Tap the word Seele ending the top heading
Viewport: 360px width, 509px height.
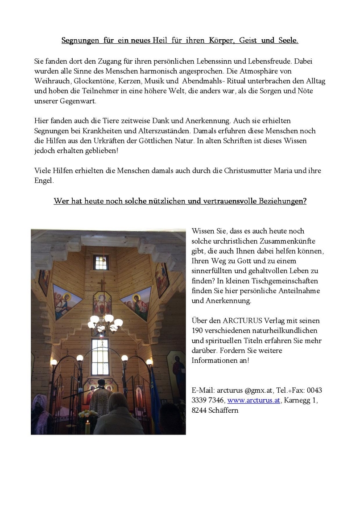point(288,41)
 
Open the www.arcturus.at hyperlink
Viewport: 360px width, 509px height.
point(254,400)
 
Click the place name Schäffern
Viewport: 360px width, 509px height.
point(224,410)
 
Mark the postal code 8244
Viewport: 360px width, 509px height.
point(199,410)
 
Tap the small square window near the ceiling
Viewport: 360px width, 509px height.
point(101,262)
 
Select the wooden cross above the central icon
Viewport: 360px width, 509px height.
point(102,284)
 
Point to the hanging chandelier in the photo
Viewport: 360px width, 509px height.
point(105,321)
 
